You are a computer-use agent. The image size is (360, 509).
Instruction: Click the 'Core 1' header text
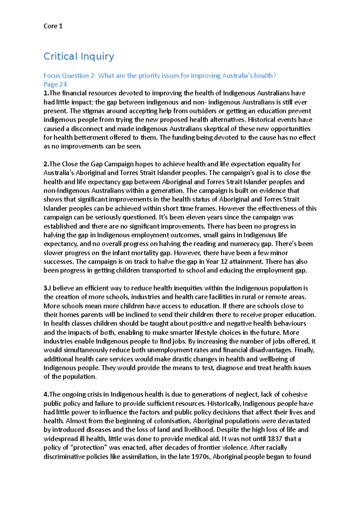coord(53,26)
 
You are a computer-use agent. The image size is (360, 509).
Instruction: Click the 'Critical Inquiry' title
coord(79,56)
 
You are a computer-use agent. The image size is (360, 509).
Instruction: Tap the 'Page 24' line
coord(55,84)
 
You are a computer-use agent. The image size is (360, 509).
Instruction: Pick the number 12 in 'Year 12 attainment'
coord(224,261)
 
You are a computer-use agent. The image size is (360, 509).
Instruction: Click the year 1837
coord(275,439)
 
